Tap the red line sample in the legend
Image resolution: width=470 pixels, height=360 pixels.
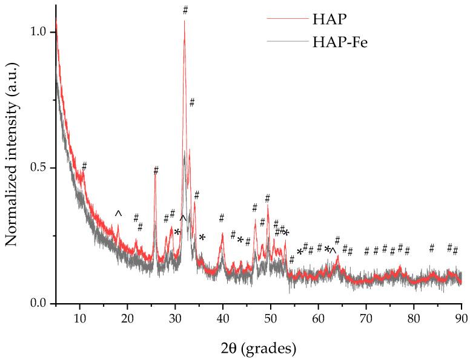286,18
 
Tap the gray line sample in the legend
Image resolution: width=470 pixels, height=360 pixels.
286,42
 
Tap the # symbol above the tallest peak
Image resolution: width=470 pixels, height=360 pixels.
185,10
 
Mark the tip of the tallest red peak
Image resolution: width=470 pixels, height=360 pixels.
185,21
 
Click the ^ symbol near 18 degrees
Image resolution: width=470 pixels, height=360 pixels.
119,213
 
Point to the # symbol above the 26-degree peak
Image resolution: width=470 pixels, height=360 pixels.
156,170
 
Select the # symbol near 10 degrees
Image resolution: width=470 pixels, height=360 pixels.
84,166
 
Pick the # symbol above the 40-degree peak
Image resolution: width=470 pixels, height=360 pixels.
222,218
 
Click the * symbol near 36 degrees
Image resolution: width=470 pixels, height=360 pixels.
202,237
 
